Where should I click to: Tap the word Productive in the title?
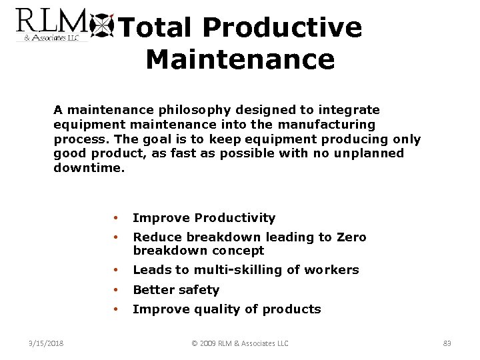point(283,28)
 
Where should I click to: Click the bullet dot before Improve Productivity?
point(116,218)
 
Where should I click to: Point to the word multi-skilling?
point(233,270)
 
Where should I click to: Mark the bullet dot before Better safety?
point(116,290)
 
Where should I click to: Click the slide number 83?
point(447,343)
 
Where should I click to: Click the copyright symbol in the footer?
point(195,343)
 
